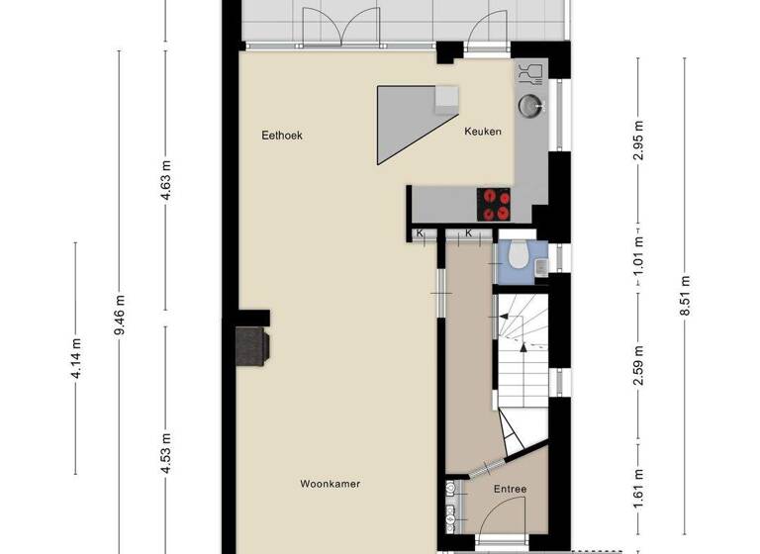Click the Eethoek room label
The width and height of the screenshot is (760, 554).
(x=281, y=136)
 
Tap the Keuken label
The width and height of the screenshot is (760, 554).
(x=483, y=132)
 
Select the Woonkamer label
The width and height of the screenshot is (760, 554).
(x=330, y=484)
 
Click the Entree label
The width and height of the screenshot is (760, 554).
(x=510, y=489)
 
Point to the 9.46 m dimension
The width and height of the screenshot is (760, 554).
(x=120, y=315)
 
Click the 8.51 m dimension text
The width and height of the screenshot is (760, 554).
(x=684, y=296)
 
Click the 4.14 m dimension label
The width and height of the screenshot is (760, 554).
(x=76, y=357)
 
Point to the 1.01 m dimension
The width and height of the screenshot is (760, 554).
(x=638, y=255)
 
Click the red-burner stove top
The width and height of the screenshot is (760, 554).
(x=496, y=204)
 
